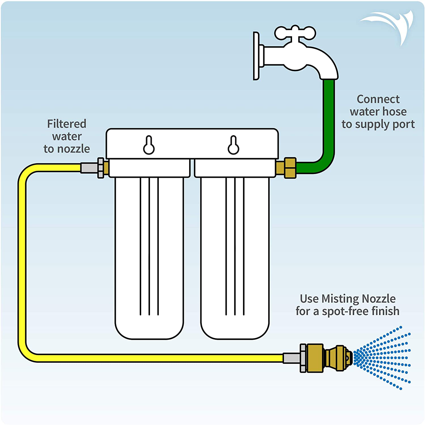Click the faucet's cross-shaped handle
(295, 33)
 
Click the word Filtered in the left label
(67, 124)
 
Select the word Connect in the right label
(378, 99)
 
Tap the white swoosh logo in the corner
(389, 26)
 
